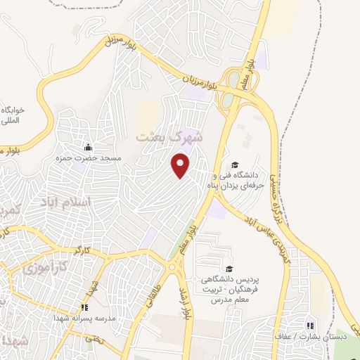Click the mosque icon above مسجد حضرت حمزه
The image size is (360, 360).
88,148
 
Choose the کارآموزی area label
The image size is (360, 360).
42,268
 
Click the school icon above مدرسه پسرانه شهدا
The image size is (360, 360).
84,307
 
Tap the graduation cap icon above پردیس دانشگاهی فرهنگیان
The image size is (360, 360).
229,269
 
